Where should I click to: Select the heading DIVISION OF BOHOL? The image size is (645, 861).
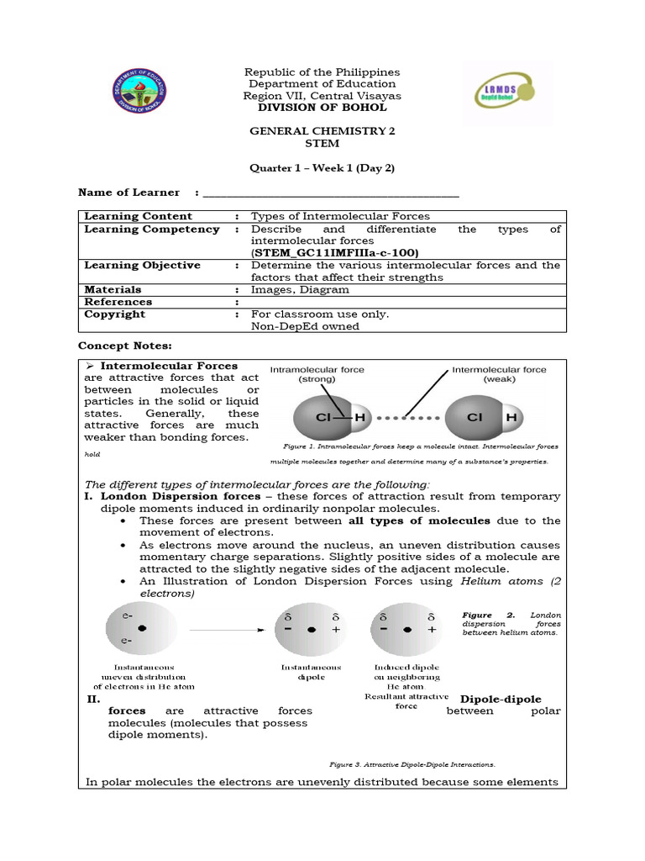click(x=322, y=108)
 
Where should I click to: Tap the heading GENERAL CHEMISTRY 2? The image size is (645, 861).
click(x=322, y=132)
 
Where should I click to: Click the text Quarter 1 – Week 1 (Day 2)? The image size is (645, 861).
click(x=322, y=168)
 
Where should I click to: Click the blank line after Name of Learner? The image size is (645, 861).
click(x=331, y=193)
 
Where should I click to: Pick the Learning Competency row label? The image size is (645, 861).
click(x=152, y=230)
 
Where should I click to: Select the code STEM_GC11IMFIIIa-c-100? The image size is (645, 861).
click(x=334, y=253)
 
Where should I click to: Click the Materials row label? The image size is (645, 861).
click(x=113, y=290)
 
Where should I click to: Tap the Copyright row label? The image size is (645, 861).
click(x=114, y=314)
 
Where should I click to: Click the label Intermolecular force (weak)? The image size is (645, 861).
click(x=499, y=374)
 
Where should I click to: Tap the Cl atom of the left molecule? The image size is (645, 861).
click(x=322, y=418)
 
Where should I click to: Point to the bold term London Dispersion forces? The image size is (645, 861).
click(x=181, y=497)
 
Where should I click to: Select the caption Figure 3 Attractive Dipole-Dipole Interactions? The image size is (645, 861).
click(x=412, y=765)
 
